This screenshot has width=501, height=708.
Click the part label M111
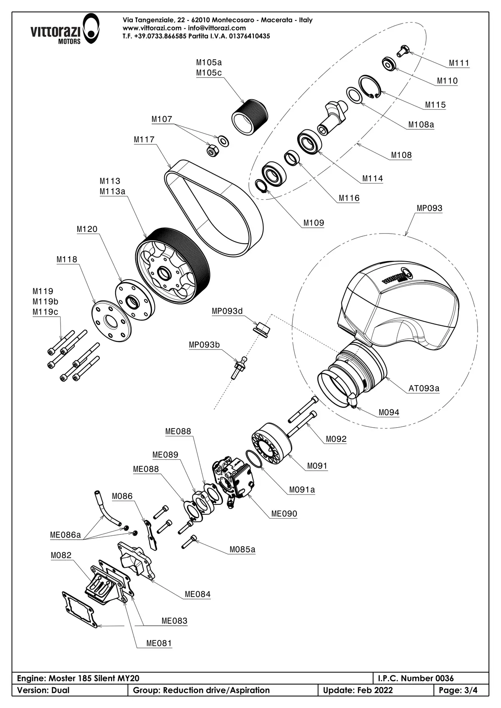459,63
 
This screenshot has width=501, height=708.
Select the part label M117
144,139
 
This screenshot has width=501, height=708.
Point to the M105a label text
209,62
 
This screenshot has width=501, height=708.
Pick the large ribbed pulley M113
173,266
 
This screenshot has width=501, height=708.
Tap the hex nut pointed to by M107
211,151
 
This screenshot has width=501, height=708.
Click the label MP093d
227,311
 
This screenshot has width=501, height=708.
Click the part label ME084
197,594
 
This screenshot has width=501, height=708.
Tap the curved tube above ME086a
106,508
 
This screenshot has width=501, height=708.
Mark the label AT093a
424,388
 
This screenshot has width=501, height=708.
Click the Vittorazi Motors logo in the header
65,29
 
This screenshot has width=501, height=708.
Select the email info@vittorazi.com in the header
217,28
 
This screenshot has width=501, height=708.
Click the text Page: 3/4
458,690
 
